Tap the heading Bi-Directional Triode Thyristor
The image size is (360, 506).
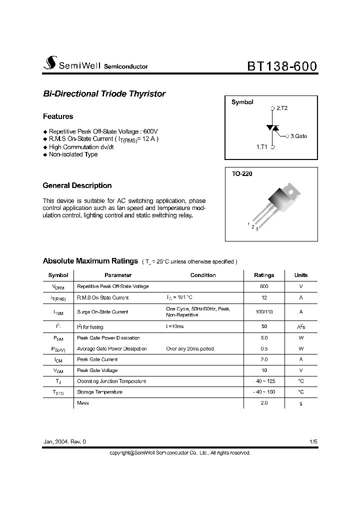pyautogui.click(x=104, y=94)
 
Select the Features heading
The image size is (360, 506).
pyautogui.click(x=58, y=116)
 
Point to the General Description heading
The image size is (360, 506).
pyautogui.click(x=77, y=185)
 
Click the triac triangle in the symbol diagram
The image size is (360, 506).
pyautogui.click(x=272, y=127)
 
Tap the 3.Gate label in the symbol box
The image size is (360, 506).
pyautogui.click(x=298, y=136)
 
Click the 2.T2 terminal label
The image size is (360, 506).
pyautogui.click(x=281, y=108)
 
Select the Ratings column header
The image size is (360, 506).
pyautogui.click(x=264, y=275)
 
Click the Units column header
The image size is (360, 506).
pyautogui.click(x=301, y=275)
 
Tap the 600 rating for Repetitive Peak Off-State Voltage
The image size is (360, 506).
pyautogui.click(x=264, y=286)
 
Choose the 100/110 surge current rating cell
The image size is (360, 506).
pyautogui.click(x=264, y=311)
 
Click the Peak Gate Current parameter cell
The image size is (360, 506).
pyautogui.click(x=97, y=359)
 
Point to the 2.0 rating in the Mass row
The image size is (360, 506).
pyautogui.click(x=264, y=402)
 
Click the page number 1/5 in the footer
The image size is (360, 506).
pyautogui.click(x=313, y=442)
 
